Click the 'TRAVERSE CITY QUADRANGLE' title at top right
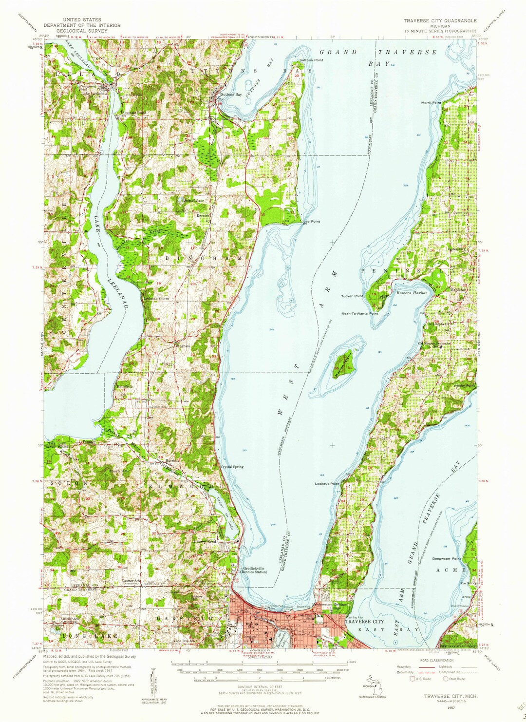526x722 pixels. [439, 21]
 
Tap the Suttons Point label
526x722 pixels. [311, 60]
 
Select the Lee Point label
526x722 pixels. [312, 222]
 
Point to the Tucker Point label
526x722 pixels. [353, 296]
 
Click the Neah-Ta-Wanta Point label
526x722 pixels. [359, 314]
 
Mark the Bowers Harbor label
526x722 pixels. [412, 293]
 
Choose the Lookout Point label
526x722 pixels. [327, 484]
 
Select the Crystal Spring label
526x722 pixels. [232, 467]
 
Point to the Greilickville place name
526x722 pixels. [254, 568]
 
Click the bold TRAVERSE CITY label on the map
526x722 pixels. [364, 622]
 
